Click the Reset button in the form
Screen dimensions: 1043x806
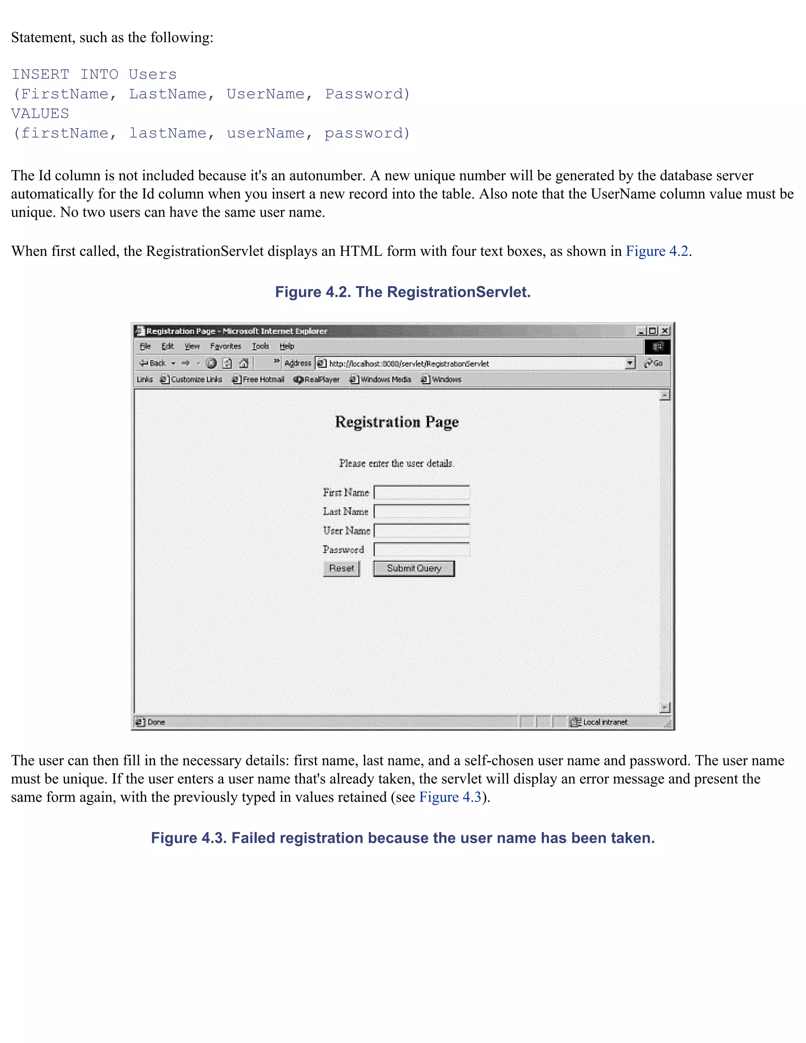pos(341,568)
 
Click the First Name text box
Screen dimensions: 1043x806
pos(421,492)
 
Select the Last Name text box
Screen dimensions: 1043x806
pos(421,512)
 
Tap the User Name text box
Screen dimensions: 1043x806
pos(421,531)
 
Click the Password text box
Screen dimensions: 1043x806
pos(421,550)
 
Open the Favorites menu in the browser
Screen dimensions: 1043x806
pos(226,346)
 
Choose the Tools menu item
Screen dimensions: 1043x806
pos(260,346)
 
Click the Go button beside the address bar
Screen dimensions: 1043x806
pos(654,363)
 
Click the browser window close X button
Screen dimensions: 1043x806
pos(665,331)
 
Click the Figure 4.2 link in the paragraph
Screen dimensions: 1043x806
pos(656,251)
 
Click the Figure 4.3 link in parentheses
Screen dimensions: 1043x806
pos(450,797)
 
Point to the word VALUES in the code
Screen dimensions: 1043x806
pos(40,114)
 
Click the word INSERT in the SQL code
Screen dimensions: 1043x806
pos(40,74)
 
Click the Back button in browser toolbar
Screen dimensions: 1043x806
pos(153,363)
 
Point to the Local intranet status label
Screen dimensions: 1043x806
pos(604,722)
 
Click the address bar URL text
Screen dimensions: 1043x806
pos(409,363)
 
